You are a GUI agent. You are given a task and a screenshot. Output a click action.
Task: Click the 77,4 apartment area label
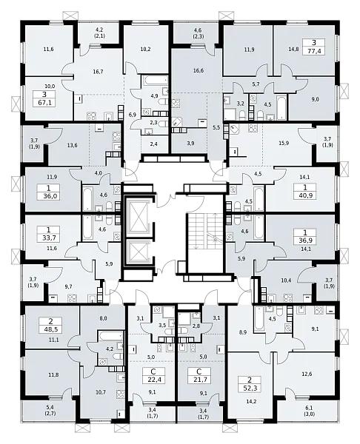coord(314,47)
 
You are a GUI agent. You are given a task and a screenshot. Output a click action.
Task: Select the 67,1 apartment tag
coord(44,98)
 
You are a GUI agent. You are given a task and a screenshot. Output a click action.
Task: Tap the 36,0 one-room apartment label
coord(48,192)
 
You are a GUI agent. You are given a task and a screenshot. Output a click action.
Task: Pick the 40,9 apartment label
coord(305,191)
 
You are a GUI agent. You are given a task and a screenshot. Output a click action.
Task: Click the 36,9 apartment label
coord(305,237)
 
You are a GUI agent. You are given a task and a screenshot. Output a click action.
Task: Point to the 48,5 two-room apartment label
coord(50,326)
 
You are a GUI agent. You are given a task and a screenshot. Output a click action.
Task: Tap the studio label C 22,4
coord(154,375)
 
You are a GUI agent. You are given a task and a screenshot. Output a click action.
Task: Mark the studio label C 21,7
coord(199,375)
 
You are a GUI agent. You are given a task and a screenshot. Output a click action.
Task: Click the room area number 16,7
coord(98,72)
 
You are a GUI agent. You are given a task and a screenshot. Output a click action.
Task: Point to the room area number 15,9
coord(284,144)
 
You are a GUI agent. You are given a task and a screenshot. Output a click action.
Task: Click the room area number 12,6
coord(307,374)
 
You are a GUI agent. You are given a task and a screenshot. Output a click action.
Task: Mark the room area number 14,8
coord(293,49)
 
